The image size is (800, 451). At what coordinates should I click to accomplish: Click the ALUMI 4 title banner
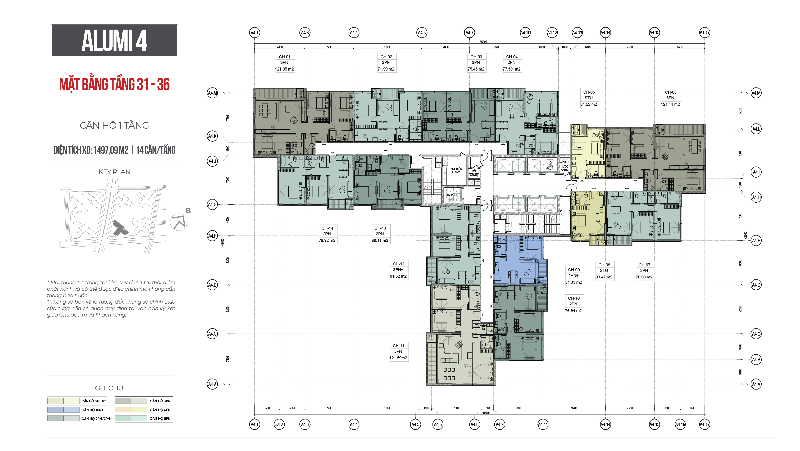[114, 40]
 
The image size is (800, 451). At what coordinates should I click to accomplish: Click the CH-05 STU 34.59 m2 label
[589, 98]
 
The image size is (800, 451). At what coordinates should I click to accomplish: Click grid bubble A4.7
[469, 33]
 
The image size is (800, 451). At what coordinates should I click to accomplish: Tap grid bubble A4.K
[212, 136]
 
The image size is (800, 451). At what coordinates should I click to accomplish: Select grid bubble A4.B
[756, 360]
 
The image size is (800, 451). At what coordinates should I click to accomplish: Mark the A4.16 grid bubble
[680, 424]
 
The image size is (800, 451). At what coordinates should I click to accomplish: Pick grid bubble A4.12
[552, 33]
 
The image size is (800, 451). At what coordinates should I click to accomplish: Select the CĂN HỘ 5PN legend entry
[160, 418]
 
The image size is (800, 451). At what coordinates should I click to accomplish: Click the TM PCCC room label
[452, 195]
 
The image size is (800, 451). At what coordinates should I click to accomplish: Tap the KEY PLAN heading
[114, 172]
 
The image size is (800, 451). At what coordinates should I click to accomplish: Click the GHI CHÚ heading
[109, 388]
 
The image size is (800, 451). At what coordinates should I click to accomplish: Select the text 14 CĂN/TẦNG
[156, 150]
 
